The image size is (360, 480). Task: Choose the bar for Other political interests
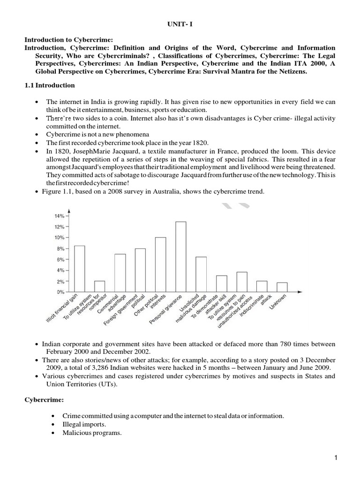tap(160, 265)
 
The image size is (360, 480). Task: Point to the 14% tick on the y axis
tap(60, 216)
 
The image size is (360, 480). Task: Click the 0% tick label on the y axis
tap(60, 292)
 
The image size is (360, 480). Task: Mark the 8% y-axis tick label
tap(60, 248)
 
